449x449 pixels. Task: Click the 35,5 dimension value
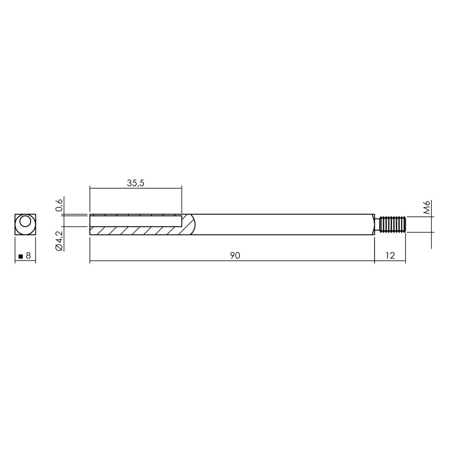point(135,183)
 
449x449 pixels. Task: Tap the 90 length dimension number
point(235,256)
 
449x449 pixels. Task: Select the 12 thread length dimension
point(390,256)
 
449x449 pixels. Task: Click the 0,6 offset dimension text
point(59,205)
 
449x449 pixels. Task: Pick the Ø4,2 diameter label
point(59,241)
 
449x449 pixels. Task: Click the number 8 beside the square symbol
point(28,256)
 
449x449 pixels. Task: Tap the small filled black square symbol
point(21,257)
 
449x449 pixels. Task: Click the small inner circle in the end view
point(25,222)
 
